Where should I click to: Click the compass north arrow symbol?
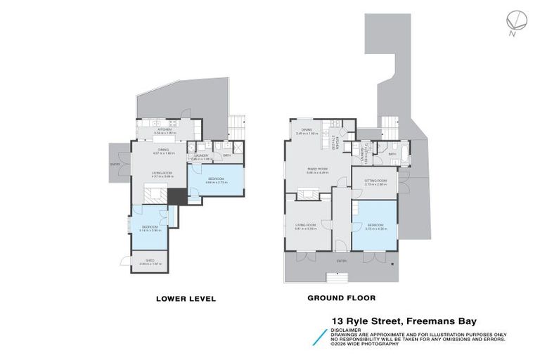coord(515,22)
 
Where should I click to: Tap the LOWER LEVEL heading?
coord(185,299)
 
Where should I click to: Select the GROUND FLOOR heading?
coord(341,298)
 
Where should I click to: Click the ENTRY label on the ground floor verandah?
coord(341,261)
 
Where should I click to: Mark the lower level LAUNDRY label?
coord(201,156)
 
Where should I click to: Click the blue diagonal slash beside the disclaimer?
coord(323,334)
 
